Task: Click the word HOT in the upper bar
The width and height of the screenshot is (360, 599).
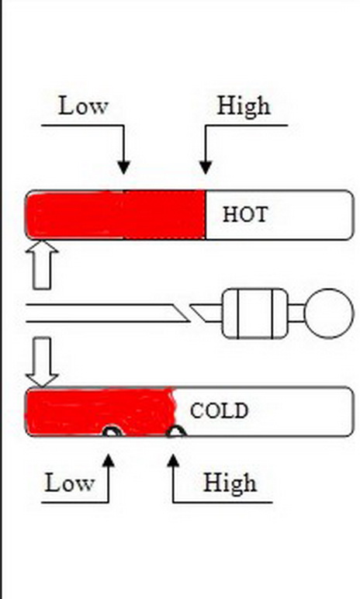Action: point(245,214)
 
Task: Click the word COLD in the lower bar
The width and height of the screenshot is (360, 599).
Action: point(219,411)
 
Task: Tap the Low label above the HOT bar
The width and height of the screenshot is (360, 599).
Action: point(83,106)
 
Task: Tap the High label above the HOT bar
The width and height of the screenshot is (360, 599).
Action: point(244,106)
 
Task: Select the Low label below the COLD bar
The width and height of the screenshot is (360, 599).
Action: point(69,483)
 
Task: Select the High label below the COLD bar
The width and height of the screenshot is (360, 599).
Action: point(230,483)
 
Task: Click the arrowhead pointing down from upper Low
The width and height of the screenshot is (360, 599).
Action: point(123,168)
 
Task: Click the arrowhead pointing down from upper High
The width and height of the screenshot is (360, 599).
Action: point(206,168)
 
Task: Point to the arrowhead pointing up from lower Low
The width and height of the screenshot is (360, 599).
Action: point(109,460)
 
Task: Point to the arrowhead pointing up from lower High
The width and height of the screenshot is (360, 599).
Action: point(173,460)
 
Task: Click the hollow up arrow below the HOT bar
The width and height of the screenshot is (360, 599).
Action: point(42,265)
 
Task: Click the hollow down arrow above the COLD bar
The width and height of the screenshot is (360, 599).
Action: point(42,362)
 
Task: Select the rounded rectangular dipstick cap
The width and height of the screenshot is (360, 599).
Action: point(255,313)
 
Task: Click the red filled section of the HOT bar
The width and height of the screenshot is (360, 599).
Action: point(116,215)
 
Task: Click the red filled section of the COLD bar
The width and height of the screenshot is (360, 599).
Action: point(100,411)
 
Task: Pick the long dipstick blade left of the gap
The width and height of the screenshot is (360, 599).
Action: point(107,313)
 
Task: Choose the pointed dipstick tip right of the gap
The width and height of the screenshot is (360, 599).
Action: point(206,313)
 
